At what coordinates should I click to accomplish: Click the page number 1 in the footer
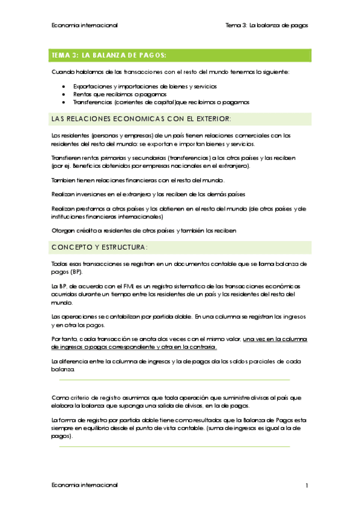[x=307, y=485]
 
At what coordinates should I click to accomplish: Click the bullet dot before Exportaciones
[x=64, y=87]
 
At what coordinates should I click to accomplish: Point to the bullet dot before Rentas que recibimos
[x=64, y=94]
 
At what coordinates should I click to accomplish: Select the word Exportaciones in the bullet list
[x=91, y=87]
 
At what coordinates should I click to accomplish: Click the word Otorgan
[x=63, y=230]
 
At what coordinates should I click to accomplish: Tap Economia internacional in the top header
[x=85, y=25]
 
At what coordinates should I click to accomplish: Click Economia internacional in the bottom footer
[x=85, y=485]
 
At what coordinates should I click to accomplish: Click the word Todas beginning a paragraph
[x=61, y=263]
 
